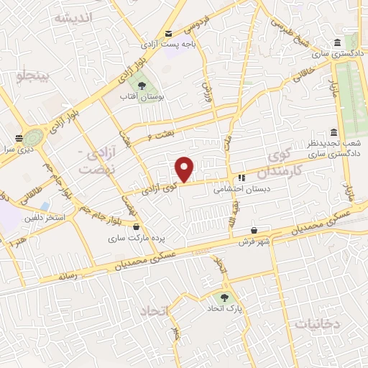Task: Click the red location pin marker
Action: pyautogui.click(x=185, y=169)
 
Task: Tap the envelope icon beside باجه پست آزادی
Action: pyautogui.click(x=168, y=33)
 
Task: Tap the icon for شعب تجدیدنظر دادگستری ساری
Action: pyautogui.click(x=334, y=133)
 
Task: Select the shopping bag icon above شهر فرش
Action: pyautogui.click(x=254, y=231)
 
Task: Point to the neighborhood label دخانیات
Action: pyautogui.click(x=316, y=325)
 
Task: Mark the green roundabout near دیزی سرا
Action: pyautogui.click(x=33, y=136)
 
